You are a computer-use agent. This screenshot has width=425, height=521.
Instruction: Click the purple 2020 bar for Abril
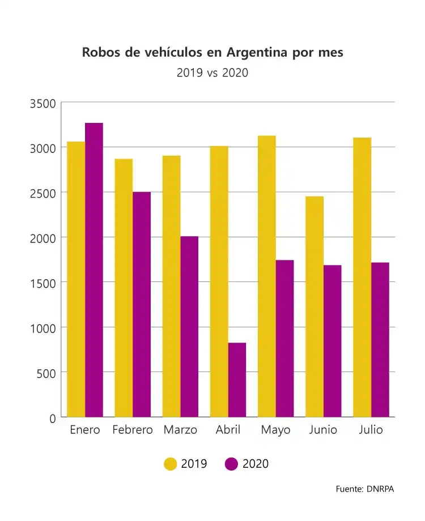tap(237, 379)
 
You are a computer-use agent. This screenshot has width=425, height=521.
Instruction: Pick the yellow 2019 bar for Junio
tap(314, 306)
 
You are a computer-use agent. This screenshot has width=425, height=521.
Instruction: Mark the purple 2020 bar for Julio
tap(380, 339)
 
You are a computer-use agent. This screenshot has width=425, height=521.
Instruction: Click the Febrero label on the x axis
tap(133, 430)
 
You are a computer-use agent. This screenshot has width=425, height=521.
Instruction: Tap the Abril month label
tap(228, 430)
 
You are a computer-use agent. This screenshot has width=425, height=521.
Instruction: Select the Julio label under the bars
tap(371, 430)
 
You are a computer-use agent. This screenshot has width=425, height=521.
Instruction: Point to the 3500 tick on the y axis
tap(43, 104)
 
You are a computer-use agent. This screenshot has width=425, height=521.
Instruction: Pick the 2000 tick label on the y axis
tap(43, 238)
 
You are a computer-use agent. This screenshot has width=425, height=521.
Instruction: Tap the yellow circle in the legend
tap(170, 464)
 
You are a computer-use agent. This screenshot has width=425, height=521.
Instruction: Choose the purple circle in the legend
tap(231, 464)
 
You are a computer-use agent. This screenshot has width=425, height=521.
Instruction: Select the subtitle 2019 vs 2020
tap(212, 72)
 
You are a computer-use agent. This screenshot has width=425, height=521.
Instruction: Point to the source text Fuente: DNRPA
tap(364, 489)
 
